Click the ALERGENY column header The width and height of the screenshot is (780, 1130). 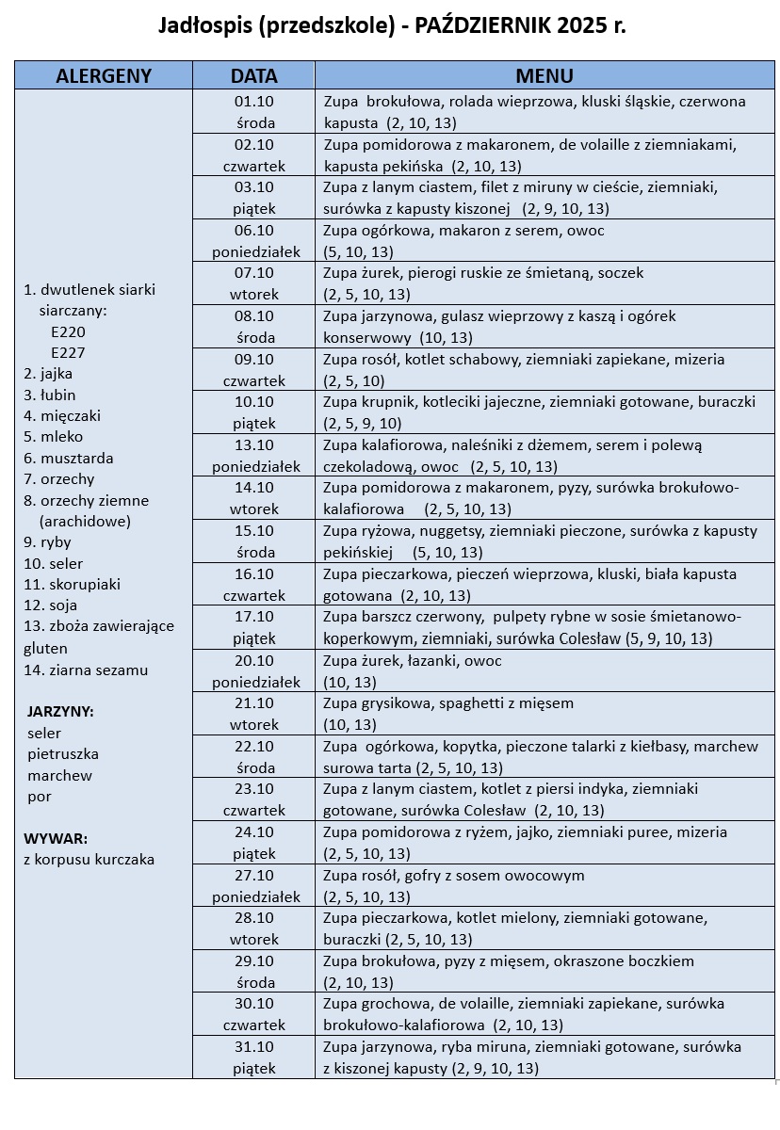click(104, 76)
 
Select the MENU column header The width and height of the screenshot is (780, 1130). click(544, 76)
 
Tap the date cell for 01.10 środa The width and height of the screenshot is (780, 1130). click(254, 112)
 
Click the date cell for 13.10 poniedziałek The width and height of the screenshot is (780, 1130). click(254, 456)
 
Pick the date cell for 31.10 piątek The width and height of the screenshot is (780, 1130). click(254, 1057)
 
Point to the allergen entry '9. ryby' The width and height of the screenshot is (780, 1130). click(48, 542)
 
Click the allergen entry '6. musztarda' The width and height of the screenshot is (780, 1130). click(69, 459)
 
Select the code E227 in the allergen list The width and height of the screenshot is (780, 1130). click(69, 352)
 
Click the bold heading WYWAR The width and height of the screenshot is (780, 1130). click(56, 838)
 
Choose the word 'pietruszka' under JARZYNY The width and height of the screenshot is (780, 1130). click(63, 754)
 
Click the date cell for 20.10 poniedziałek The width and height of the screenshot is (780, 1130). click(254, 671)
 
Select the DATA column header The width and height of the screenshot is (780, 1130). click(254, 76)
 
